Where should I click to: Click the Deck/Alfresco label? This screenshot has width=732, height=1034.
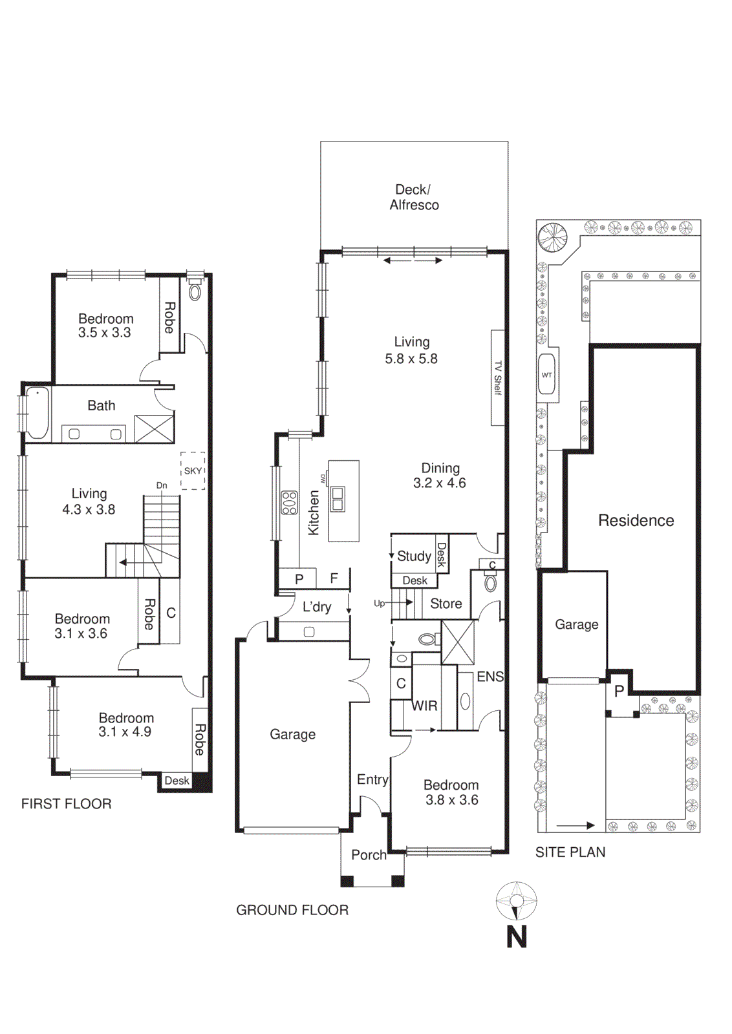[414, 197]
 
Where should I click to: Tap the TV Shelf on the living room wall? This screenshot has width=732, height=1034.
[497, 377]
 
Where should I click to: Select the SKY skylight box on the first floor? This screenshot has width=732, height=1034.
[193, 470]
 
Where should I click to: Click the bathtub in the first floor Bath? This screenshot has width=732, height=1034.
[38, 413]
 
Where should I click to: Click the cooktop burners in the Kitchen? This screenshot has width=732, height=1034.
[289, 503]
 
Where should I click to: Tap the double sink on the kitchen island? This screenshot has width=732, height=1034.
[338, 498]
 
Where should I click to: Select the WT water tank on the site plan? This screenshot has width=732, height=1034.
[547, 374]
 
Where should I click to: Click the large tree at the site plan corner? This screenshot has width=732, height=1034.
[553, 237]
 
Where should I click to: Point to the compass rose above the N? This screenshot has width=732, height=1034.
[516, 900]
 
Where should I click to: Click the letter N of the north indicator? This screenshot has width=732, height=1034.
[516, 937]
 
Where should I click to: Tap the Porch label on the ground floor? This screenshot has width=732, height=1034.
[369, 855]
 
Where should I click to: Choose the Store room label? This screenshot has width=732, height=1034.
[446, 604]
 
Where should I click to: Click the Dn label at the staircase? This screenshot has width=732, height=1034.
[162, 485]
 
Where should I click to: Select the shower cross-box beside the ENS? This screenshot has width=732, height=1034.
[458, 642]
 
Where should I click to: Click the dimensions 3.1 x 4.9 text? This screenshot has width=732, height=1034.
[125, 732]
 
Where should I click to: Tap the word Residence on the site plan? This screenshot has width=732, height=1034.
[636, 520]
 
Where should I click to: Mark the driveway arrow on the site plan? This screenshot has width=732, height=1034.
[575, 825]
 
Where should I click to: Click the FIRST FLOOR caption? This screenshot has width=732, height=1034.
[67, 804]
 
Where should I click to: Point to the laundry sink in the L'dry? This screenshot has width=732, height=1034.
[309, 631]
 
